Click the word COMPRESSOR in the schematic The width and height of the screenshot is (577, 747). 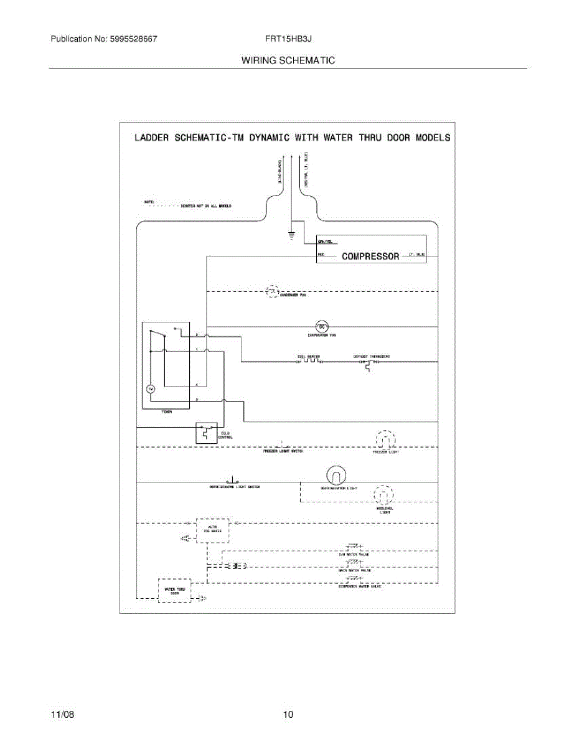[370, 256]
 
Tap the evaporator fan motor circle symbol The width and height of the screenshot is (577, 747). [322, 326]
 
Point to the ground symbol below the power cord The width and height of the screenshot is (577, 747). [290, 235]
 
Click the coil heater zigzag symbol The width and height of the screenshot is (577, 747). [309, 361]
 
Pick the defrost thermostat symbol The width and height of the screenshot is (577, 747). [367, 364]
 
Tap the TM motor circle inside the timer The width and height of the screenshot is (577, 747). [149, 389]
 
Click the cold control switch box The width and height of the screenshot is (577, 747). [205, 433]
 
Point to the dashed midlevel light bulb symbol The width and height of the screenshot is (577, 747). [382, 495]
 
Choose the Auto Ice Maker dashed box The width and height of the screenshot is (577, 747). [212, 530]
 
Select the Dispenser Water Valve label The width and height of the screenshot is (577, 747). [360, 586]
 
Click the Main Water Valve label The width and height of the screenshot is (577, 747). [355, 570]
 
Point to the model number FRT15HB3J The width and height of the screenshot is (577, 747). [288, 39]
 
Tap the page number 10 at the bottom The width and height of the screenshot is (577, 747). [288, 714]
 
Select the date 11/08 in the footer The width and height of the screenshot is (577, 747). [62, 714]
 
